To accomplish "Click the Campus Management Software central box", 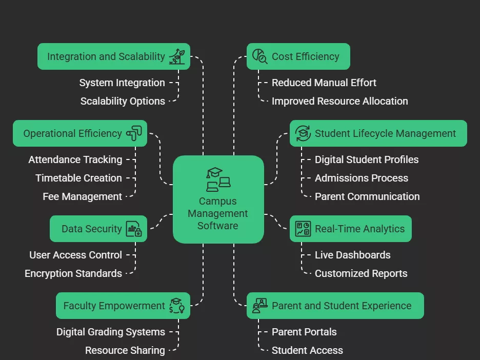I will (x=218, y=199).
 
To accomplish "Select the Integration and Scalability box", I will (x=113, y=56).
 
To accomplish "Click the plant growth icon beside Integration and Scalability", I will (x=177, y=56).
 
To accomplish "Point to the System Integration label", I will (x=122, y=83).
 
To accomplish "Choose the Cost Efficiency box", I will (x=298, y=56).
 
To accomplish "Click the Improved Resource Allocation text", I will (x=339, y=101).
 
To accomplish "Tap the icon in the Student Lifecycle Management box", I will (x=303, y=133).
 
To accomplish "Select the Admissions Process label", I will (x=361, y=178).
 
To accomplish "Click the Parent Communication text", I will (x=367, y=196).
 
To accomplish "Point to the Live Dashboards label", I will (x=352, y=255).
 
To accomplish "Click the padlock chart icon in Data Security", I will (x=134, y=229).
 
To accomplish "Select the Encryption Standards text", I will (x=73, y=273).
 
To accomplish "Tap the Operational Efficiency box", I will (x=79, y=133).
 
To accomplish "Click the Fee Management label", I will (x=82, y=196).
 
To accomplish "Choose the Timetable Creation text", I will (x=78, y=178).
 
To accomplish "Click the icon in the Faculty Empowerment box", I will (x=177, y=306).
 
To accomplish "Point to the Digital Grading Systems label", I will (x=111, y=332).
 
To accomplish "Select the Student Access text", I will (x=307, y=350).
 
